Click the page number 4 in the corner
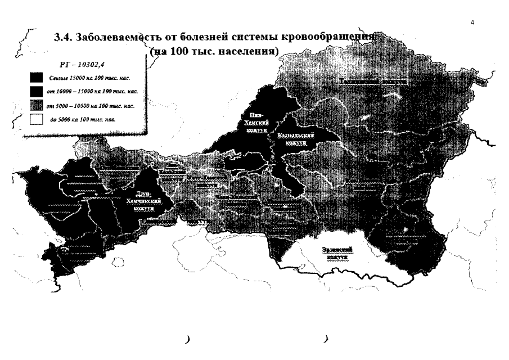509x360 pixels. [472, 22]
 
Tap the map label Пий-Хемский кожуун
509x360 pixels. [255, 122]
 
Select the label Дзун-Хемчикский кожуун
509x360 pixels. [144, 201]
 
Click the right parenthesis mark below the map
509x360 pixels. [326, 339]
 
